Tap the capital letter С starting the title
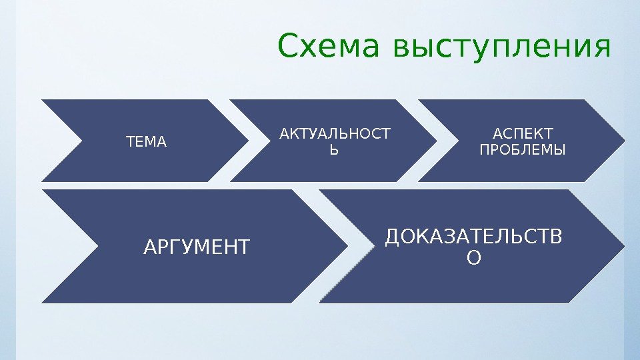(x=287, y=47)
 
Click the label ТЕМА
(x=146, y=142)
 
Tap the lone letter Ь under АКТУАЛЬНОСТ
(x=335, y=150)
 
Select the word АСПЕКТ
(x=522, y=135)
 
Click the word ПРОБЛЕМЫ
(x=522, y=150)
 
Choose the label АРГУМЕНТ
(x=197, y=248)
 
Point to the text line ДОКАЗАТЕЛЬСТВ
(x=474, y=237)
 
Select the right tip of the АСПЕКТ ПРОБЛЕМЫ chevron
(x=625, y=141)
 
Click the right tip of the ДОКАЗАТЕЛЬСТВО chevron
(x=625, y=246)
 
